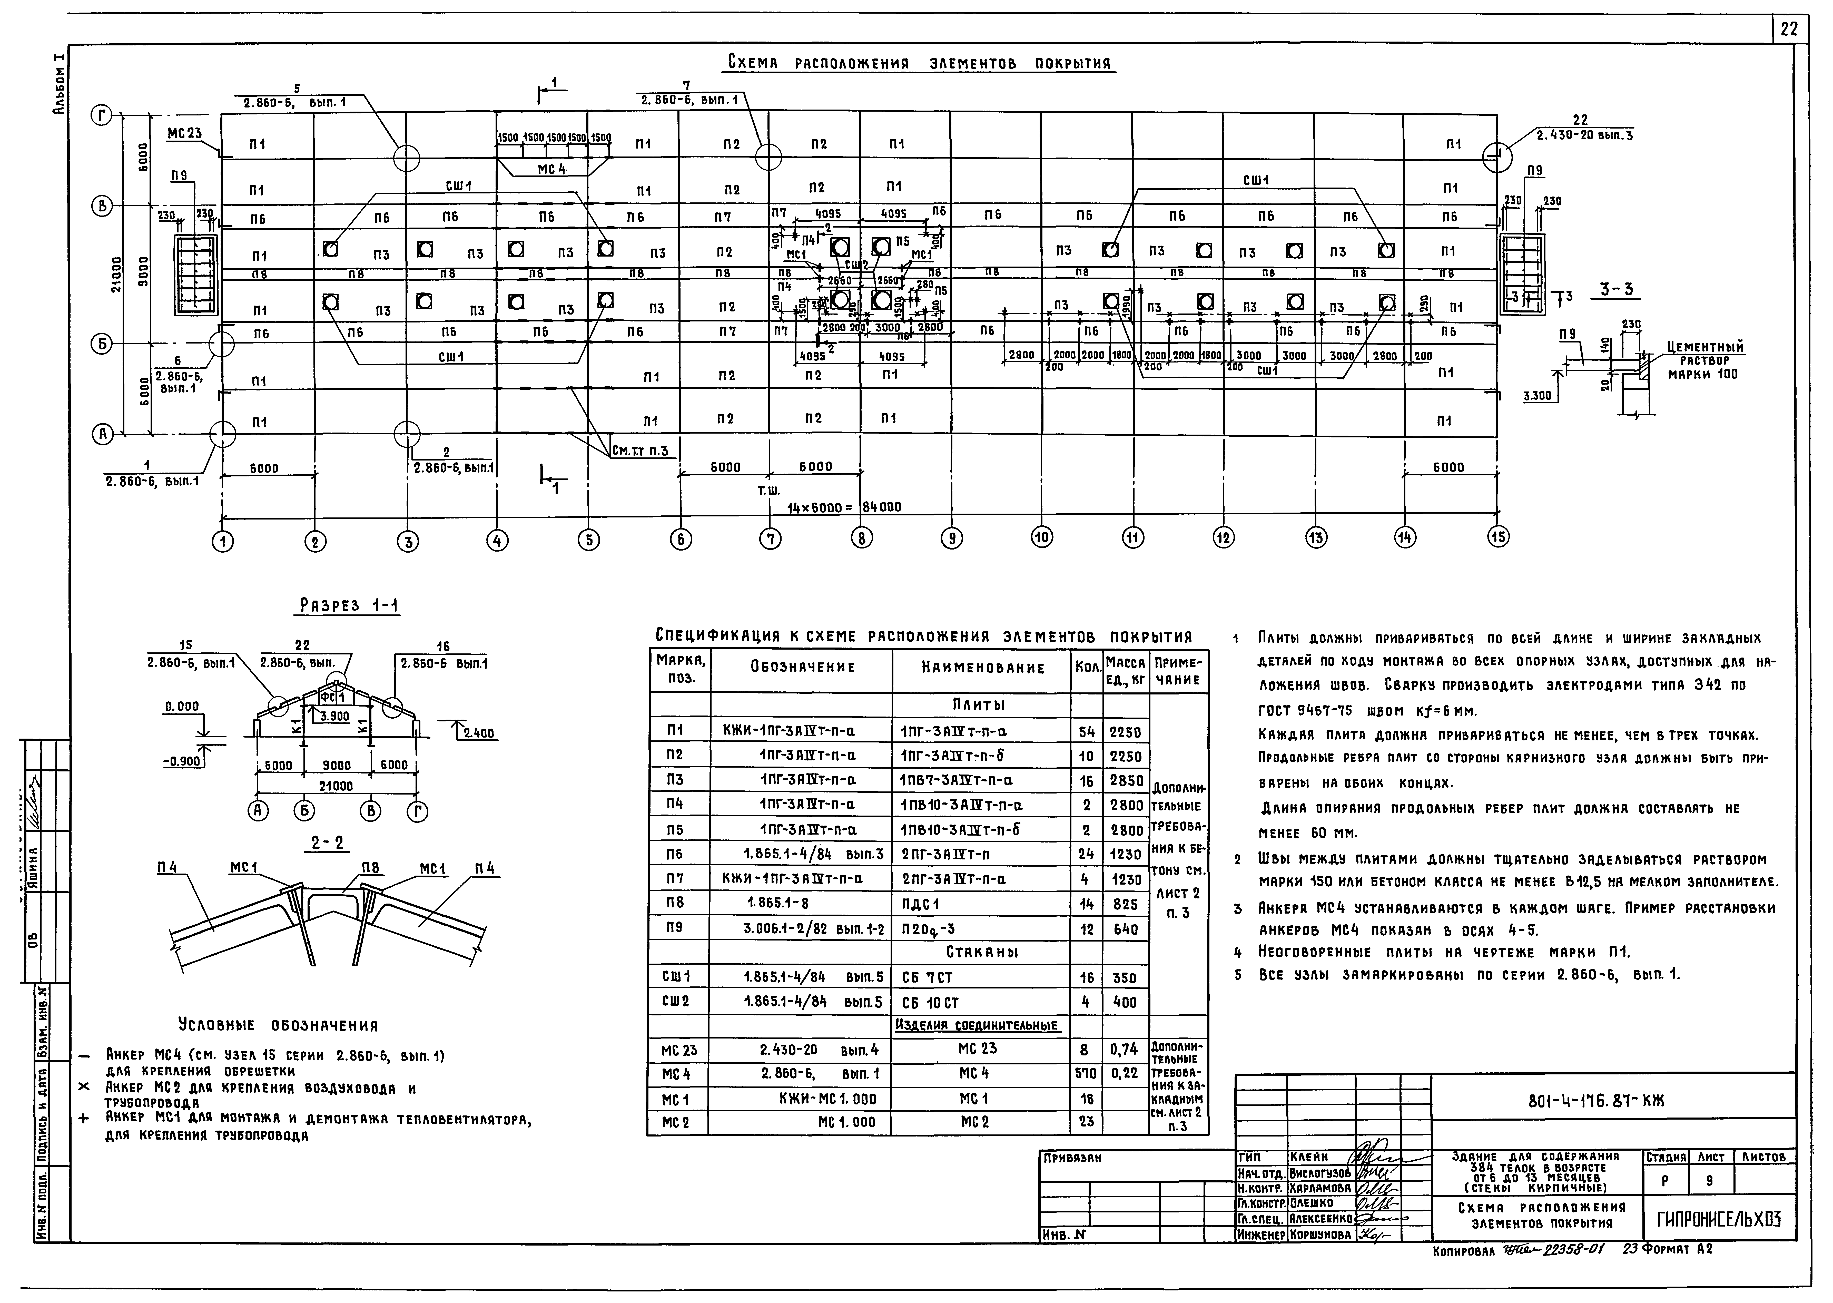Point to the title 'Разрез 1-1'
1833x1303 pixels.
(349, 606)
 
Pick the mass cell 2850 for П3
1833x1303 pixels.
(1126, 781)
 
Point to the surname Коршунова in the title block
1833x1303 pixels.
(1319, 1236)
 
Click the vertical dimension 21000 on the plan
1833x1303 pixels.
(117, 275)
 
